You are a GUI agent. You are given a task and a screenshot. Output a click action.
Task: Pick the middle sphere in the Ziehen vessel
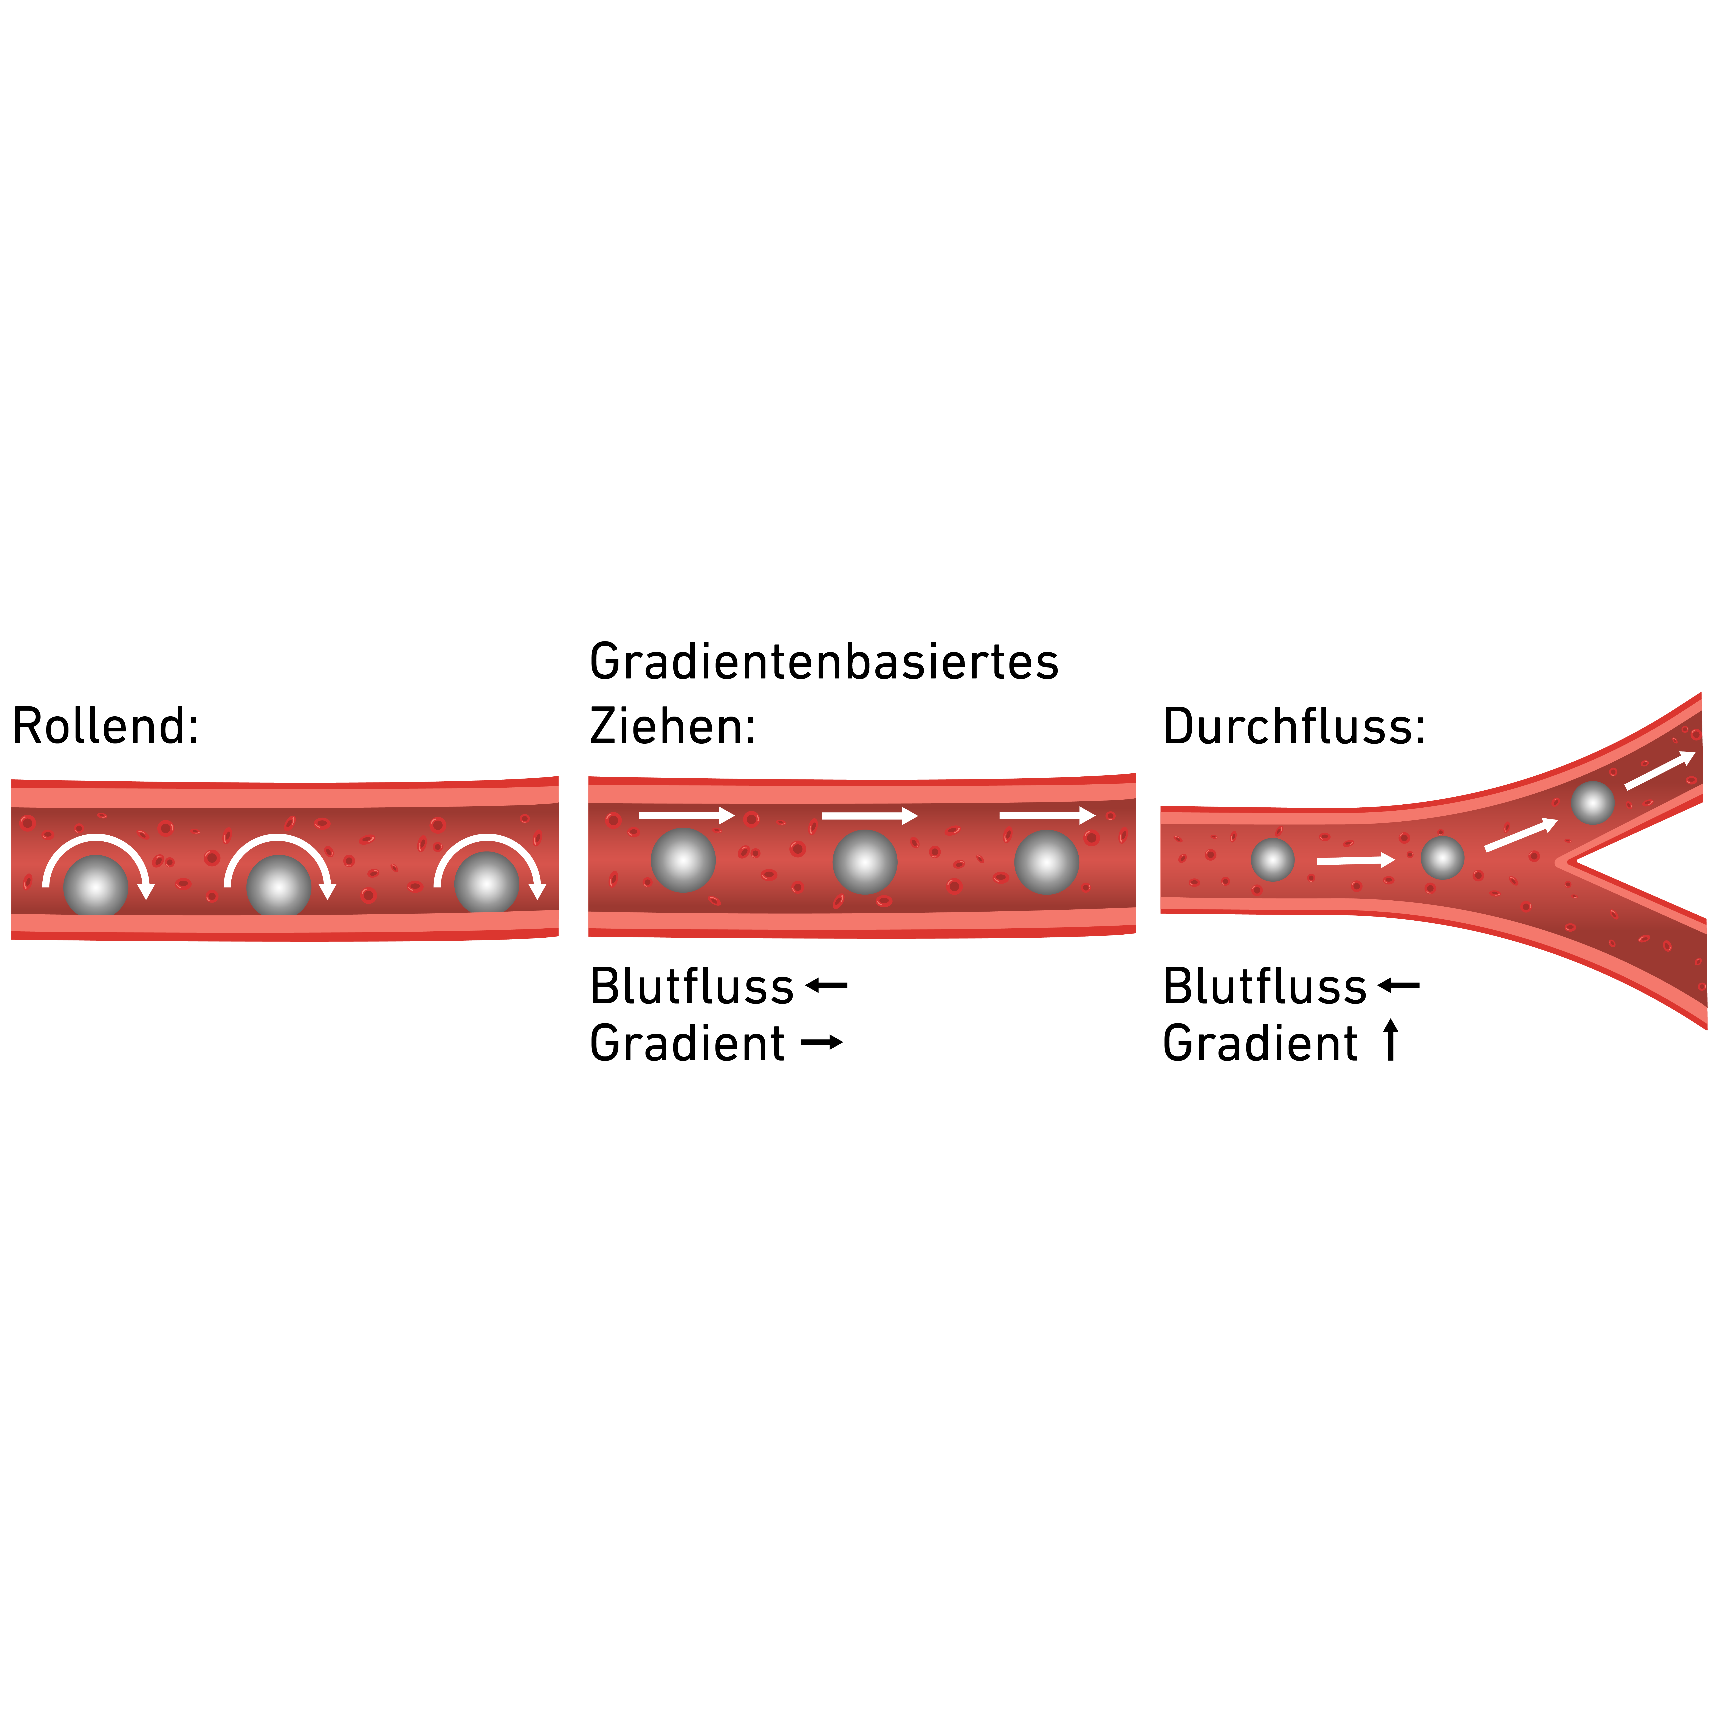tap(865, 862)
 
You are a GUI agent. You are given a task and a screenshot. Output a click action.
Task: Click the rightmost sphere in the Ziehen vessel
tap(1046, 862)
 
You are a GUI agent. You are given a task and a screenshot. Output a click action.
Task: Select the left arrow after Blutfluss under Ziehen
tap(826, 985)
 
